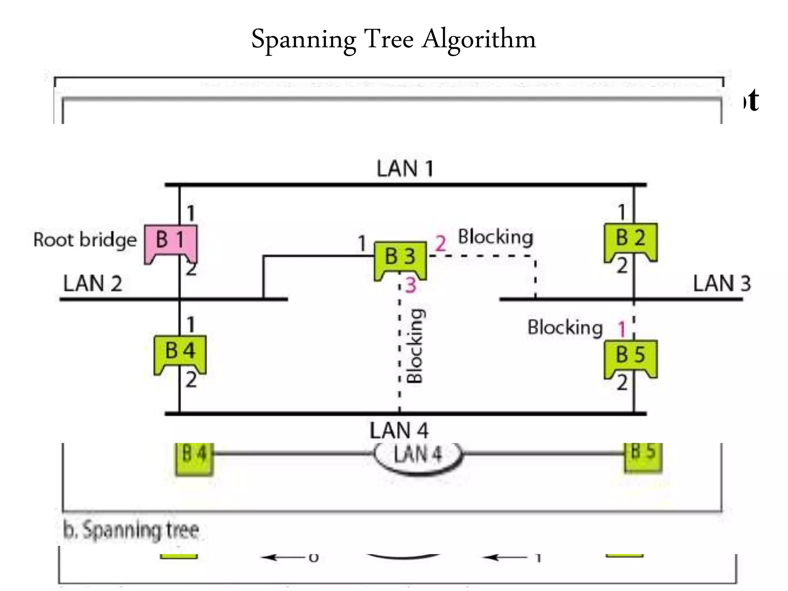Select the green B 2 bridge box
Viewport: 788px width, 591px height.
point(631,240)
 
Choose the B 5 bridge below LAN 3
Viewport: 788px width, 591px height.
point(631,357)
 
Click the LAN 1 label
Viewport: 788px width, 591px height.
point(405,169)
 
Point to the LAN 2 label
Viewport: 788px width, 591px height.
point(93,284)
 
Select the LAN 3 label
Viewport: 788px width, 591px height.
point(722,284)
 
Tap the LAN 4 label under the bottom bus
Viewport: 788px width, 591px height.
point(399,430)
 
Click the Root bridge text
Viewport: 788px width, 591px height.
point(85,240)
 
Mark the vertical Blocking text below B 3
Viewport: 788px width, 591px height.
point(416,346)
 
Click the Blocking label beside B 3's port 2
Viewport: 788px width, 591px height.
point(496,237)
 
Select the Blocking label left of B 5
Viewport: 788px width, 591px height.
point(565,327)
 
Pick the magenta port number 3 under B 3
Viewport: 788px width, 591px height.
point(411,285)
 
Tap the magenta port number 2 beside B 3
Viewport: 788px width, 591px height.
point(440,244)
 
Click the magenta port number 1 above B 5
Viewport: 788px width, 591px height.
point(622,329)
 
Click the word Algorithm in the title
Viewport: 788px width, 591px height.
point(479,39)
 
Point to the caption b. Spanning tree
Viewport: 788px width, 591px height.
point(131,530)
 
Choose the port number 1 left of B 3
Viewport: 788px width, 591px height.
point(362,244)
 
